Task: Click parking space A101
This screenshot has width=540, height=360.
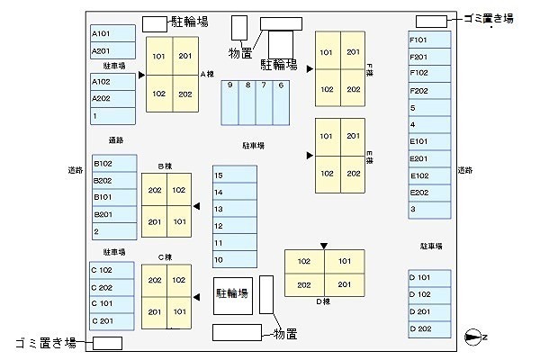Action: [112, 34]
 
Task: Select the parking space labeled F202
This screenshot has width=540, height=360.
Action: [427, 90]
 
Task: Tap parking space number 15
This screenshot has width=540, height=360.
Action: [234, 175]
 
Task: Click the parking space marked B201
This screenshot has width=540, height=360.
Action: [112, 213]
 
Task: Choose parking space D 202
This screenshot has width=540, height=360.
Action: [427, 328]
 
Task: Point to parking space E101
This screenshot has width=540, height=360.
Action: [427, 141]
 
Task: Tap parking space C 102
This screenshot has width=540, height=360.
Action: [112, 270]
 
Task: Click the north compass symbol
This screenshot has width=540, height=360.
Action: [473, 337]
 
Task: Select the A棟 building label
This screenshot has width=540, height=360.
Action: [205, 74]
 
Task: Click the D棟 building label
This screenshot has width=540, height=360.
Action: [324, 301]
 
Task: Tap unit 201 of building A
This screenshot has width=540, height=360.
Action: [185, 56]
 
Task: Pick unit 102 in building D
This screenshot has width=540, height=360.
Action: [304, 262]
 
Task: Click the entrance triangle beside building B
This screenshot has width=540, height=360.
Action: [196, 206]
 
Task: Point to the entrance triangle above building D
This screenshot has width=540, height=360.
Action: [324, 245]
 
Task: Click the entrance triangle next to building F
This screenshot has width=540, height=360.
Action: [310, 68]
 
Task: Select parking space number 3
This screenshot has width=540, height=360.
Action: [427, 210]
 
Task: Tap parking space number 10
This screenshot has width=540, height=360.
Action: [234, 260]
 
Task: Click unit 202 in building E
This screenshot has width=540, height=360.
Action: [353, 174]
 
